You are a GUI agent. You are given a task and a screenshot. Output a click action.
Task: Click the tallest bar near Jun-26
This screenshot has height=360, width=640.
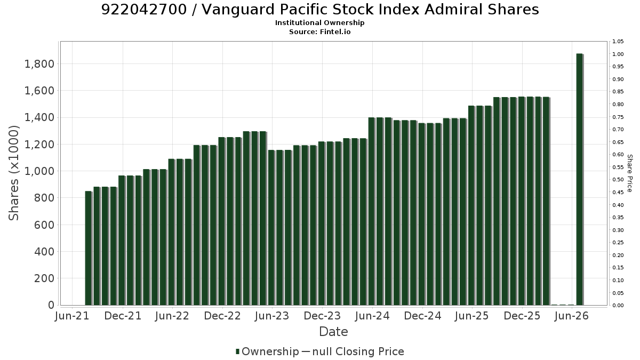click(579, 179)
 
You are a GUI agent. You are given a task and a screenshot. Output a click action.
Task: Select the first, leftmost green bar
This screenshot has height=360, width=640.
click(89, 249)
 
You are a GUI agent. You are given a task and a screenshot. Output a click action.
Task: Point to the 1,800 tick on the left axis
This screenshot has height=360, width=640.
click(39, 64)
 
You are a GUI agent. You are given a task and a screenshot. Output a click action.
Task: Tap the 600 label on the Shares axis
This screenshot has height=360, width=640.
click(44, 225)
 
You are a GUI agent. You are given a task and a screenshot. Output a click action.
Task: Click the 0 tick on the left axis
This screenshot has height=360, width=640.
click(51, 305)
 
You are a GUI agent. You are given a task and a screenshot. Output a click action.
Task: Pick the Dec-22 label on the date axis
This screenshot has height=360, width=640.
click(222, 316)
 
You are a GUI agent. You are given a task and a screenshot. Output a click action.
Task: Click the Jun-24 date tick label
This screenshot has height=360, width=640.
click(372, 316)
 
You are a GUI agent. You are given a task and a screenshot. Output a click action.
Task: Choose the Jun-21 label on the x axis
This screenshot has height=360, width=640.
click(72, 316)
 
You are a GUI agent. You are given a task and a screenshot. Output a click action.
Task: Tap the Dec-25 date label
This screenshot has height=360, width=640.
click(522, 316)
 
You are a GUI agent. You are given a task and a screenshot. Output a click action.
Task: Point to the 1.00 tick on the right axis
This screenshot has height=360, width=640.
click(618, 54)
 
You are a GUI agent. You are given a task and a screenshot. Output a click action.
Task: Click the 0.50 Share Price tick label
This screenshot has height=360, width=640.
click(618, 180)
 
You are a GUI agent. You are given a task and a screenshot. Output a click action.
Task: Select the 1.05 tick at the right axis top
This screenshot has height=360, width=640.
click(618, 42)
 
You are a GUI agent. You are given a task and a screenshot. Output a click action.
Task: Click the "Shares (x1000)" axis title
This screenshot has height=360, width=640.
click(13, 173)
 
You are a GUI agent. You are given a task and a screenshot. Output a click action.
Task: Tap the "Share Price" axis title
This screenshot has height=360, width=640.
click(630, 173)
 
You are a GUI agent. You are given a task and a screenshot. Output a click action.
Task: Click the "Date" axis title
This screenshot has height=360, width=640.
click(333, 332)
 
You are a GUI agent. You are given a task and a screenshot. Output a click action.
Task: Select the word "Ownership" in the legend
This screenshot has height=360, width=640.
click(270, 351)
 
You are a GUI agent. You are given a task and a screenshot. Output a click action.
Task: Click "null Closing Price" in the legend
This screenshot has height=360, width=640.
click(358, 351)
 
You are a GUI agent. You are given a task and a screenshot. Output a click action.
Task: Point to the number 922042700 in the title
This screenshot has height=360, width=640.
click(144, 10)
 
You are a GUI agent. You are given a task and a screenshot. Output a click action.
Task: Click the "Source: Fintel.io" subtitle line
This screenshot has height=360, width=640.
click(319, 31)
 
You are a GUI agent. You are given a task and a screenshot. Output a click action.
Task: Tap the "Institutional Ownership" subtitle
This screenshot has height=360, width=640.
click(319, 23)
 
